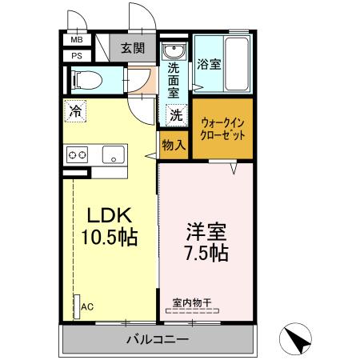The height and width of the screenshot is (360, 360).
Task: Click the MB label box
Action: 78,40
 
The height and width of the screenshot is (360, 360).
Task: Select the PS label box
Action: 78,55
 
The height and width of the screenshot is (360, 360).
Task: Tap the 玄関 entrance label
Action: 133,46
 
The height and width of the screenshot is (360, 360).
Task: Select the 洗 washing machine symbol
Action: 174,115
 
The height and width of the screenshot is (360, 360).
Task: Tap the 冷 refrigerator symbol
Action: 75,113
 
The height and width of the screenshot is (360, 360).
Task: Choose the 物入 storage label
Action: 174,146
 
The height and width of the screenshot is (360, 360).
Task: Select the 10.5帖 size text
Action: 109,238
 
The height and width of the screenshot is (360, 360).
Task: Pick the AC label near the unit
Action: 90,306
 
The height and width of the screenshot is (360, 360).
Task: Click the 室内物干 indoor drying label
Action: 193,303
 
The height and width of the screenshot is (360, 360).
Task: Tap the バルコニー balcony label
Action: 158,340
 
